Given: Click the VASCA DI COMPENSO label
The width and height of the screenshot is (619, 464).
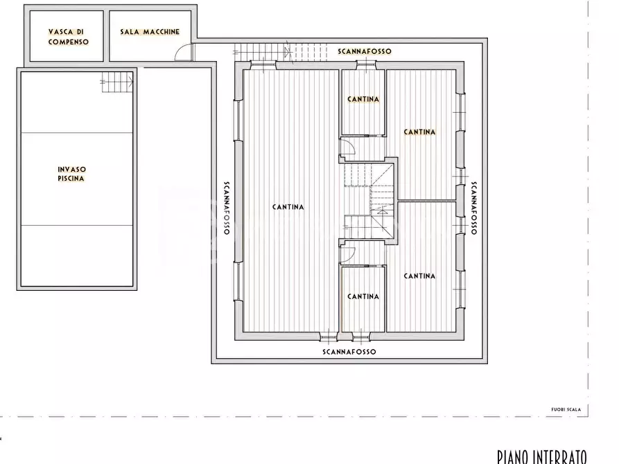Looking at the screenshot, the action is pyautogui.click(x=69, y=37).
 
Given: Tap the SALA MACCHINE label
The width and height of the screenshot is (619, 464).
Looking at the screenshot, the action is pyautogui.click(x=150, y=32).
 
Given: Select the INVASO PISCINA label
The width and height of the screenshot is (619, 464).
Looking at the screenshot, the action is pyautogui.click(x=71, y=174).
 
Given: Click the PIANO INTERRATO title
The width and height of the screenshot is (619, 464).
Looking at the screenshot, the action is pyautogui.click(x=541, y=456).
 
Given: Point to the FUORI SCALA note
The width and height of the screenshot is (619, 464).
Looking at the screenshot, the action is pyautogui.click(x=566, y=409).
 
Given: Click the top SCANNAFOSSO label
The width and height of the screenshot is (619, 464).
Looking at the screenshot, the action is pyautogui.click(x=365, y=51).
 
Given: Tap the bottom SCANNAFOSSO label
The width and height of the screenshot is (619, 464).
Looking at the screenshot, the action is pyautogui.click(x=349, y=352).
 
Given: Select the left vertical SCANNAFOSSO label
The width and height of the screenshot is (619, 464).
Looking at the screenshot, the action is pyautogui.click(x=227, y=208).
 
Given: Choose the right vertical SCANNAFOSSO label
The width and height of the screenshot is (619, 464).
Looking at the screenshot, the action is pyautogui.click(x=474, y=208).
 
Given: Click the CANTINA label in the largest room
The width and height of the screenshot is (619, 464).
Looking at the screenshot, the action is pyautogui.click(x=288, y=207).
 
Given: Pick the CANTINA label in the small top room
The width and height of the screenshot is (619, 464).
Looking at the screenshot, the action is pyautogui.click(x=363, y=99).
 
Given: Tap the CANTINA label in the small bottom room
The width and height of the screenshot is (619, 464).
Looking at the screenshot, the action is pyautogui.click(x=363, y=296).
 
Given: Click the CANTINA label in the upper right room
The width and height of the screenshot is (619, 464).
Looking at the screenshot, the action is pyautogui.click(x=419, y=132).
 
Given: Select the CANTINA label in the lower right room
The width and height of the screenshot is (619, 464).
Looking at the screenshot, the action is pyautogui.click(x=419, y=276).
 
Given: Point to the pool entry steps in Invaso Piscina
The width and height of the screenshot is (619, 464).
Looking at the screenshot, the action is pyautogui.click(x=117, y=82).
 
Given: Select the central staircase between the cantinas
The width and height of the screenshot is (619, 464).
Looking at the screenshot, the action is pyautogui.click(x=369, y=202).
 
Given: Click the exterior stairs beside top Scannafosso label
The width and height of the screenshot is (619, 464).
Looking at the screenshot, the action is pyautogui.click(x=280, y=52).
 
